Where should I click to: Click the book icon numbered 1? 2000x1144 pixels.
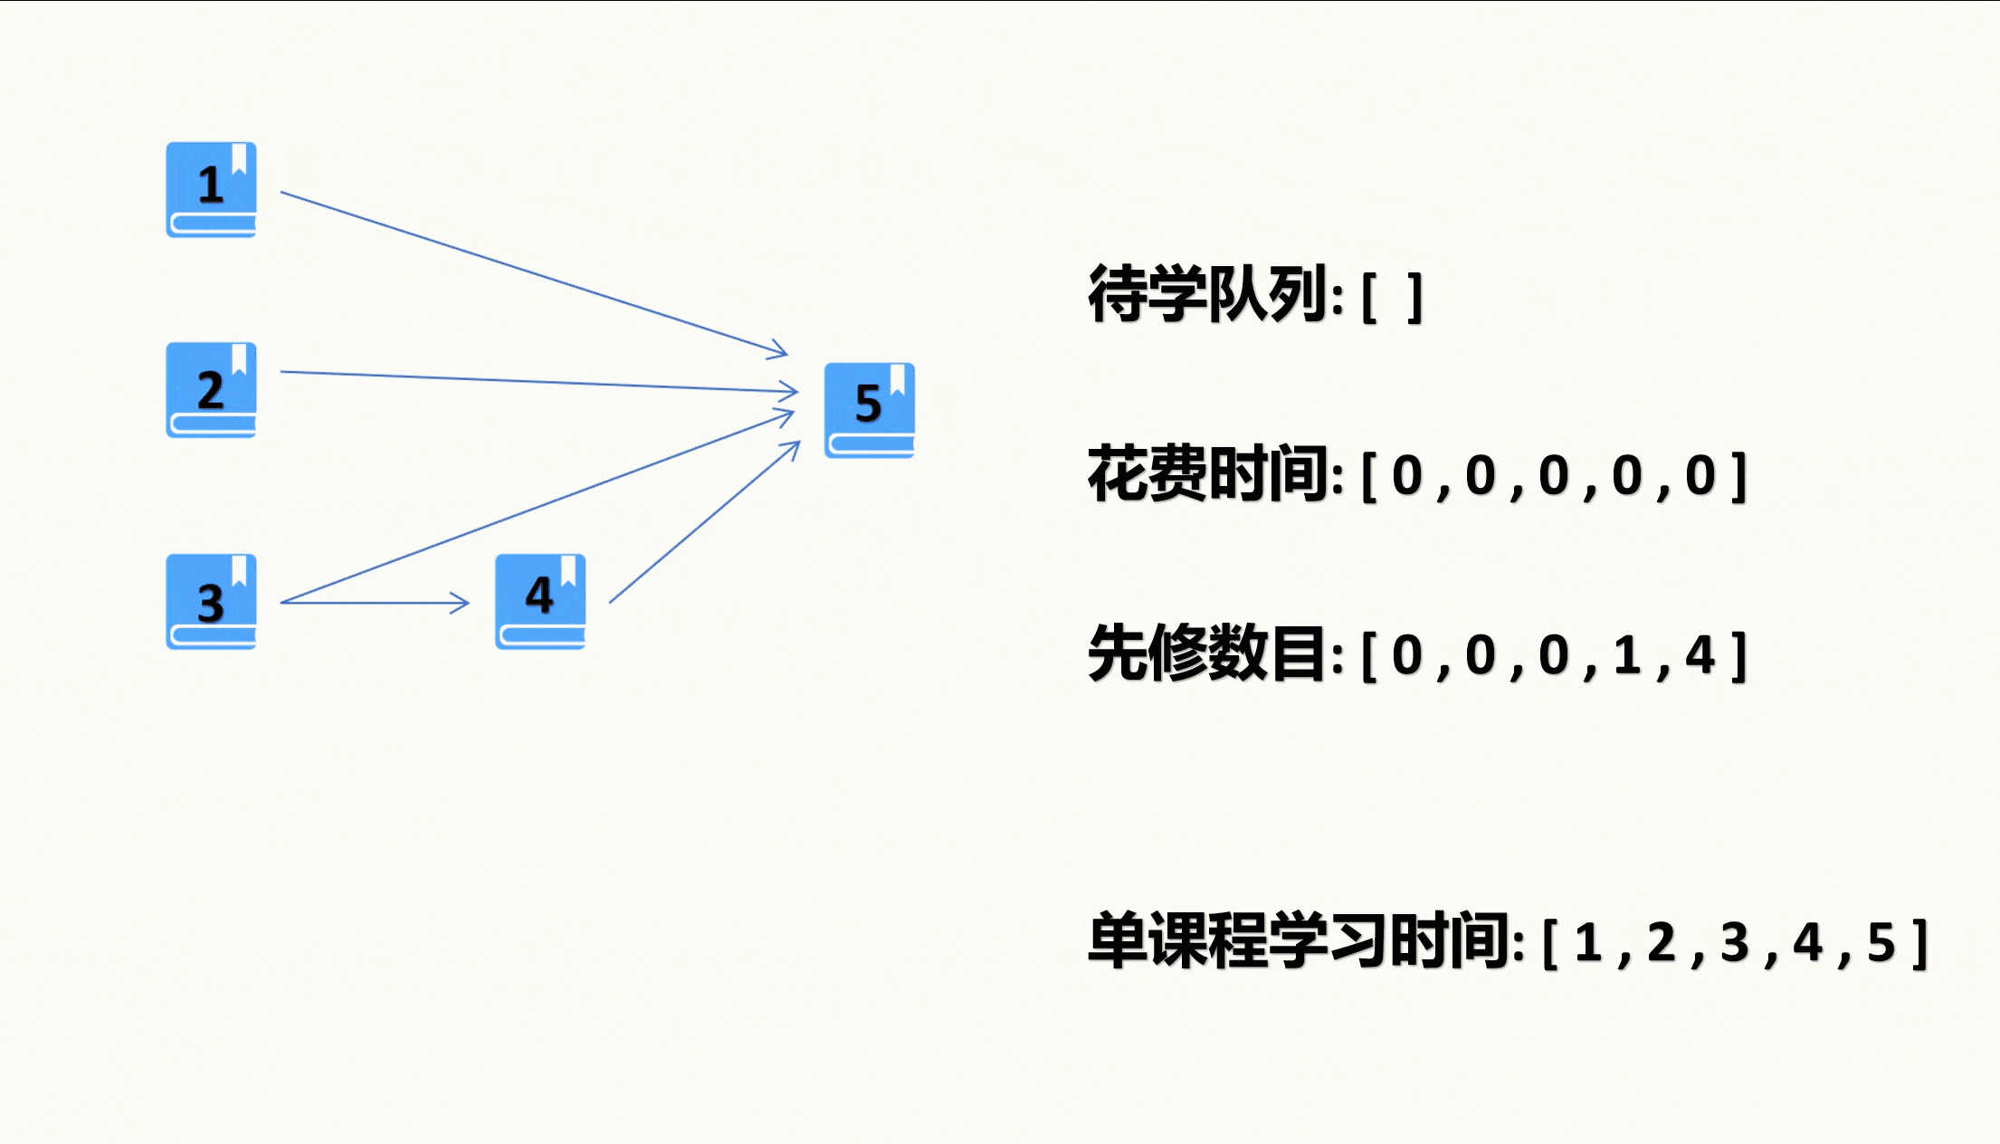211,190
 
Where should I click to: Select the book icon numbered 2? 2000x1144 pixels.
211,390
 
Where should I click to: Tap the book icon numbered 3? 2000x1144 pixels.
211,602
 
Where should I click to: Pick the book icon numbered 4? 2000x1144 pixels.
540,602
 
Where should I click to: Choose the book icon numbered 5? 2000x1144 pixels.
870,410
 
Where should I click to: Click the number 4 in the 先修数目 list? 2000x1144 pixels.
1700,655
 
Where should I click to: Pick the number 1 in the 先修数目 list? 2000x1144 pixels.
1626,655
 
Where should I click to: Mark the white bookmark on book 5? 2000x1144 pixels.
898,379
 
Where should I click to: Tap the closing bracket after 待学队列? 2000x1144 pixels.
1415,297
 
